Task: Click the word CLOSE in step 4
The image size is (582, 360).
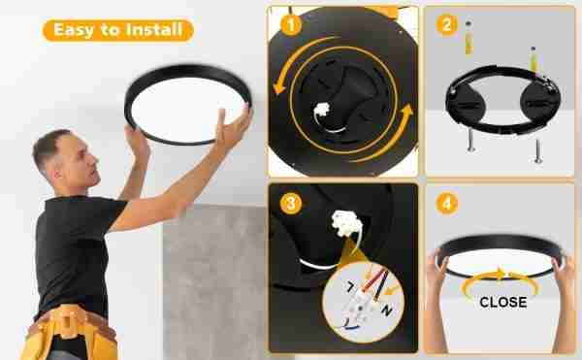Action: [502, 302]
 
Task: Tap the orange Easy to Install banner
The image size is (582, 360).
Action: [118, 30]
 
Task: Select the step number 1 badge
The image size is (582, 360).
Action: [291, 25]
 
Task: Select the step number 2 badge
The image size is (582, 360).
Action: [446, 25]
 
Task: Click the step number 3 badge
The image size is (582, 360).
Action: [291, 204]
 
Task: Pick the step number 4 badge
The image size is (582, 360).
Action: [446, 204]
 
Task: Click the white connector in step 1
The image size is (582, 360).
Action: [321, 110]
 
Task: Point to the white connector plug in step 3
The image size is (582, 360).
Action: [346, 224]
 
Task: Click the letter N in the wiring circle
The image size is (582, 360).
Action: [387, 311]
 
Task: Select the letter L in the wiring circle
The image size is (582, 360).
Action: [350, 287]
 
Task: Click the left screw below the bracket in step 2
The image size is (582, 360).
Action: [471, 141]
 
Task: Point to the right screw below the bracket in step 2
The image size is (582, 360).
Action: [537, 150]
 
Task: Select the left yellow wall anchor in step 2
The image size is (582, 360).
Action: [469, 38]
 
